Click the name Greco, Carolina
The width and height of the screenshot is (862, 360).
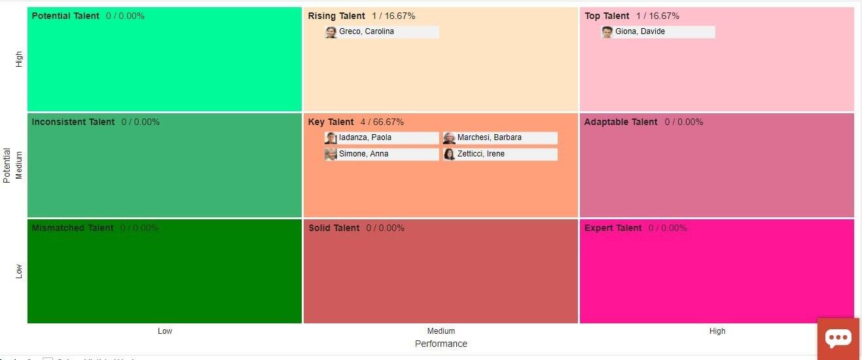point(367,31)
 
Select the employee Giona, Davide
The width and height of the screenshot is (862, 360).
point(640,31)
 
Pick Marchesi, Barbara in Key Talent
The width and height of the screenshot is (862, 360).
point(490,137)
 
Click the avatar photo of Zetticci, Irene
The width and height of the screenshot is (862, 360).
point(449,154)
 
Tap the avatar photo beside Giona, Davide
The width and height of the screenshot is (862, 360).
point(607,31)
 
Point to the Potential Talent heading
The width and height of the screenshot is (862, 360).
point(65,16)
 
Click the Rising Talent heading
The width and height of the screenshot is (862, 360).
point(336,16)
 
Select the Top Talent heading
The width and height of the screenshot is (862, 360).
point(607,16)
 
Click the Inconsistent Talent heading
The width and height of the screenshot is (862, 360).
point(73,122)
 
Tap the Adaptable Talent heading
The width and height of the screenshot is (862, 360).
point(620,122)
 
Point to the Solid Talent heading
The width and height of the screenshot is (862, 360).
point(334,228)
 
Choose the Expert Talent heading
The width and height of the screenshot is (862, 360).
point(613,228)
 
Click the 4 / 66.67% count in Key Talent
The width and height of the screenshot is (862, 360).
point(382,122)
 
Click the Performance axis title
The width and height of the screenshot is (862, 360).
point(441,344)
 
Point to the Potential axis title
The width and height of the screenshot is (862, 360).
point(7,165)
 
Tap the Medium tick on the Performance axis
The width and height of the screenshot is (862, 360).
point(441,331)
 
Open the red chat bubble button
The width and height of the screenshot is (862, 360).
point(838,338)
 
